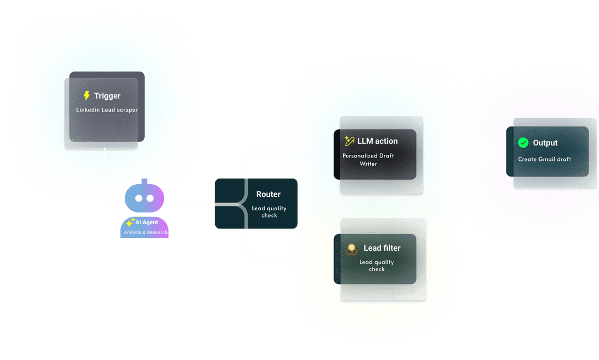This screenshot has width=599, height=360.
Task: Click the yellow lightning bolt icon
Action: (87, 95)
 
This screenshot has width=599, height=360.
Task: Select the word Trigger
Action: (107, 96)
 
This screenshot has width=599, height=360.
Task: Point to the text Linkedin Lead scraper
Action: (107, 110)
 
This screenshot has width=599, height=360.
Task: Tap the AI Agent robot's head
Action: (144, 198)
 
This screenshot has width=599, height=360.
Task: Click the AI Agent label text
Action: (147, 222)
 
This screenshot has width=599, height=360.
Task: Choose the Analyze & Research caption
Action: (146, 232)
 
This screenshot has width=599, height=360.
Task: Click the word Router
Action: (268, 195)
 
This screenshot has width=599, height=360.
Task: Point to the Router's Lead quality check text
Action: (268, 211)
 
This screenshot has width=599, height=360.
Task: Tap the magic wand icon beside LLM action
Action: (349, 141)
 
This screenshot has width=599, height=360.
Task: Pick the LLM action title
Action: (377, 141)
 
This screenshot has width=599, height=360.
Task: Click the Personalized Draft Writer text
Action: (368, 160)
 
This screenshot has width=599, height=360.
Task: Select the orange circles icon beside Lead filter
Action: (351, 249)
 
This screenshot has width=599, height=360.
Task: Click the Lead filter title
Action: (382, 248)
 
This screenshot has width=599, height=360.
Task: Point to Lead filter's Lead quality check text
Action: (377, 266)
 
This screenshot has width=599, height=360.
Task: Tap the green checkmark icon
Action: (523, 143)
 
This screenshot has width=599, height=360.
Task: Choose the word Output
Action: (545, 143)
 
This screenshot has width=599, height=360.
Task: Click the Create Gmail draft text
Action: (545, 159)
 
